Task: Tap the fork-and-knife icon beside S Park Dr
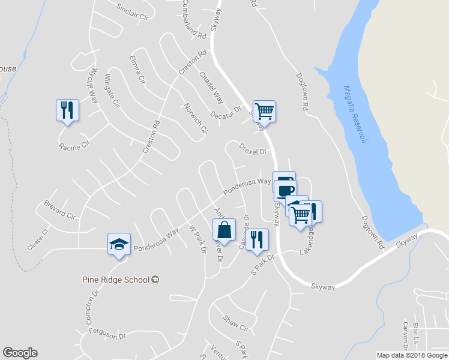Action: point(258,240)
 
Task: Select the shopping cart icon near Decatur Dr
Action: point(264,111)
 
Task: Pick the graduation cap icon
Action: point(119,244)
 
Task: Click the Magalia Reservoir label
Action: point(354,115)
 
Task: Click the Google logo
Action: point(20,353)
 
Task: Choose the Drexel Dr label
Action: point(252,148)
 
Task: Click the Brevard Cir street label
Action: point(59,209)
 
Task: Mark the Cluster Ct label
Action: point(37,239)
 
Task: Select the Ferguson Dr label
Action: point(106,334)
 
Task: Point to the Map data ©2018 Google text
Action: point(411,355)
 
